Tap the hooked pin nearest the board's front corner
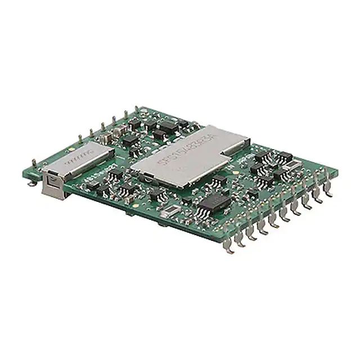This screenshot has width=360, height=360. point(229,248)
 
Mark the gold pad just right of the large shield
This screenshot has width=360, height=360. point(256,147)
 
